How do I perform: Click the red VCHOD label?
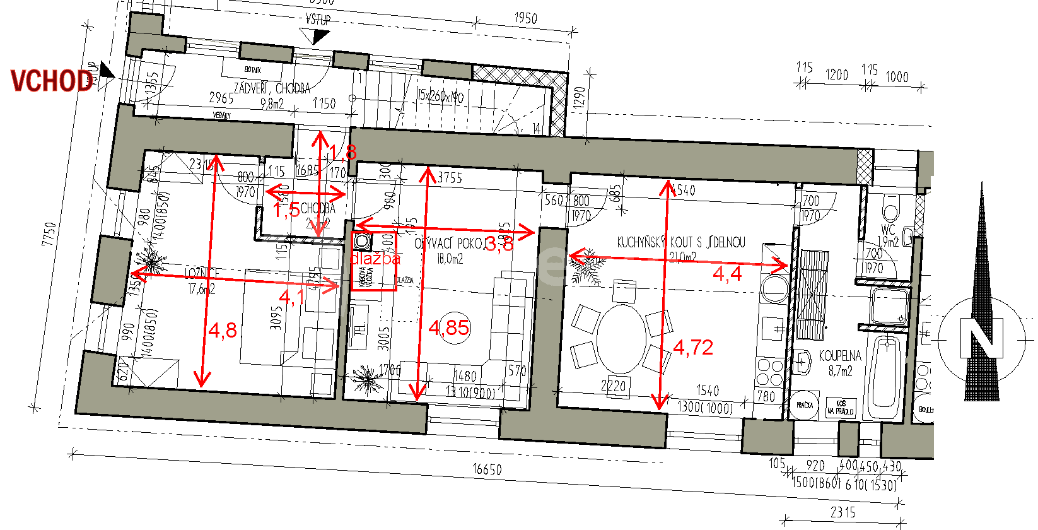click(52, 81)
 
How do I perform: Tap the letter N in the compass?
click(981, 338)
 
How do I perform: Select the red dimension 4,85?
click(448, 327)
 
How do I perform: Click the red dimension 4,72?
click(693, 347)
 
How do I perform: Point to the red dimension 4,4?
click(727, 273)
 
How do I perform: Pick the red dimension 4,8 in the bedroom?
click(223, 330)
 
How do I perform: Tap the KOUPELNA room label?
click(840, 356)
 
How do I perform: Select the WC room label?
click(888, 230)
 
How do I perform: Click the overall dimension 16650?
click(487, 469)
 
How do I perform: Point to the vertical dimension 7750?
click(49, 234)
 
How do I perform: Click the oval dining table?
click(622, 338)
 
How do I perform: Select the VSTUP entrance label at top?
click(318, 20)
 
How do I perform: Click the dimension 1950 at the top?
click(525, 18)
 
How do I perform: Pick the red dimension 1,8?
click(343, 152)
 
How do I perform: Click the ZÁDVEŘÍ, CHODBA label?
click(272, 88)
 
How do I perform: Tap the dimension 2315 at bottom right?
click(843, 512)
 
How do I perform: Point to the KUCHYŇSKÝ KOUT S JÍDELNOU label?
click(681, 242)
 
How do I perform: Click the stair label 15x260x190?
click(440, 96)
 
